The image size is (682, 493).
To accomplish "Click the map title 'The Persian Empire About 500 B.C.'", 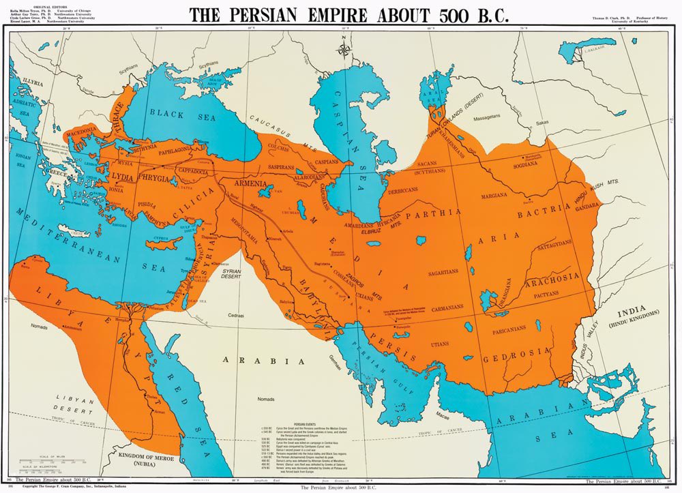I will point(349,15).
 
